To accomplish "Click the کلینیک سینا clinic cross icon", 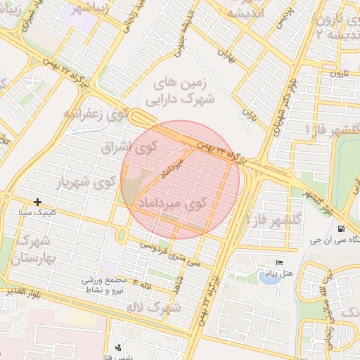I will (x=37, y=202).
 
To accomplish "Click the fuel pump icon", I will (x=341, y=229).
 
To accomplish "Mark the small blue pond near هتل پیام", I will (x=267, y=277).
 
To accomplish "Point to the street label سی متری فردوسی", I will (x=171, y=253).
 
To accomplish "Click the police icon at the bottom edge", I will (x=118, y=347).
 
